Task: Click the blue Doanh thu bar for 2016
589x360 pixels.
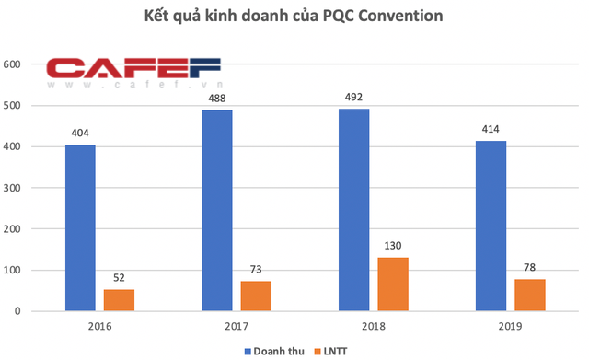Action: (80, 228)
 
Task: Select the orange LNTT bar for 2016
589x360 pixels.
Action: (119, 300)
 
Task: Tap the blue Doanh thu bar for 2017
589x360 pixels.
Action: (217, 211)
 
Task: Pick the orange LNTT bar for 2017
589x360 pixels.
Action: (256, 296)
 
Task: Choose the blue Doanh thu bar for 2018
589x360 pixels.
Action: (354, 210)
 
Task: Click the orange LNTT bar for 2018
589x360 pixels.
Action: (393, 285)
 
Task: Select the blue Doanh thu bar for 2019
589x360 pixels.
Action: (491, 226)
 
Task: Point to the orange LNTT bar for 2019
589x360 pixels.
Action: (530, 295)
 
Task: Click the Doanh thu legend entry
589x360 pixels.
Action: (273, 349)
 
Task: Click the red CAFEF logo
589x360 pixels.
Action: (134, 72)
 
